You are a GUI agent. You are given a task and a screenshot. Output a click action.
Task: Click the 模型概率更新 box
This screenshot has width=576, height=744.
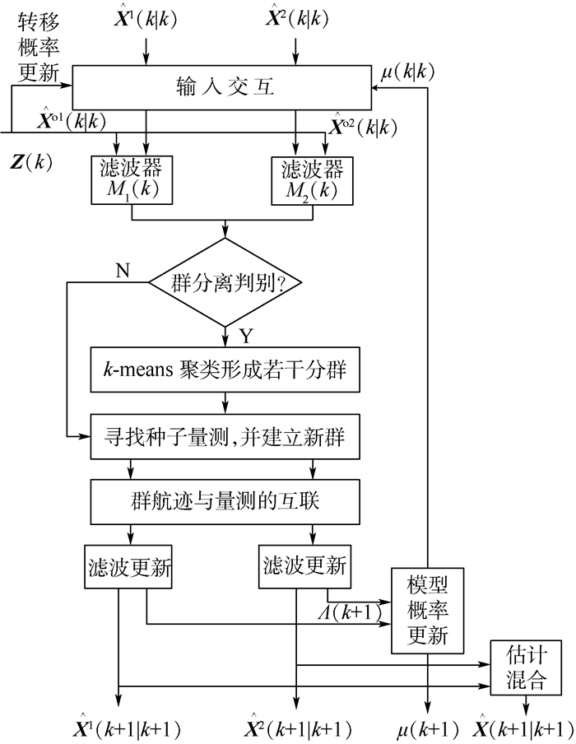pyautogui.click(x=426, y=611)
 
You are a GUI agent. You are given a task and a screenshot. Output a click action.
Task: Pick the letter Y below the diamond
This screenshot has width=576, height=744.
pyautogui.click(x=244, y=337)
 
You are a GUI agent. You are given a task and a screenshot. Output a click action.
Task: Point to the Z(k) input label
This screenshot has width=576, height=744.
pyautogui.click(x=32, y=161)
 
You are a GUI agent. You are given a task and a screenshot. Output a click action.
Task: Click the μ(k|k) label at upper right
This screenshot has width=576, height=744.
pyautogui.click(x=408, y=72)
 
